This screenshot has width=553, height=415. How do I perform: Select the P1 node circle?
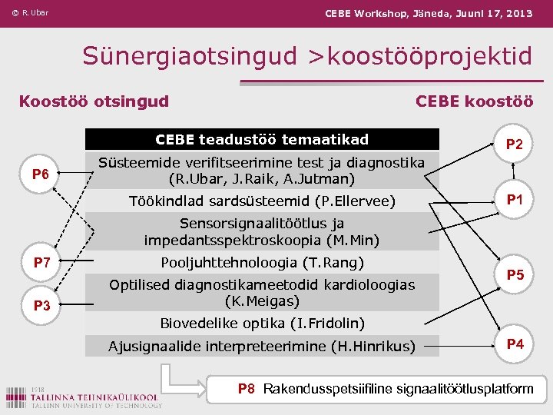(x=515, y=200)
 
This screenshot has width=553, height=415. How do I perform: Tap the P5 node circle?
(x=515, y=274)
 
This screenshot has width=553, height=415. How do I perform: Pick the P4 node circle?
(x=515, y=344)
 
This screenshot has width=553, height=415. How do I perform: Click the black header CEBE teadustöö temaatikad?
(x=262, y=140)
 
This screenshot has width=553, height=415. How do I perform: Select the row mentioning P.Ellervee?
(x=262, y=201)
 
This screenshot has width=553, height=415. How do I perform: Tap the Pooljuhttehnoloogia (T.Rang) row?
(x=262, y=263)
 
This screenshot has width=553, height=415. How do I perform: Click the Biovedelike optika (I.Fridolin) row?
(x=262, y=323)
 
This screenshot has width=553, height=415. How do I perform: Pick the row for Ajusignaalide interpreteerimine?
(x=262, y=347)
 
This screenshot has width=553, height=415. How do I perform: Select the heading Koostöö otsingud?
(x=94, y=101)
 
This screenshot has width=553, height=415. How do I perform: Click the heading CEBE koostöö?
(x=474, y=101)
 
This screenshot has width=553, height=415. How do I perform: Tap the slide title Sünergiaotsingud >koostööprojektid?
(x=307, y=55)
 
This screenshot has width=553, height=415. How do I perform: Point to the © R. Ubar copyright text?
(x=30, y=13)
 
